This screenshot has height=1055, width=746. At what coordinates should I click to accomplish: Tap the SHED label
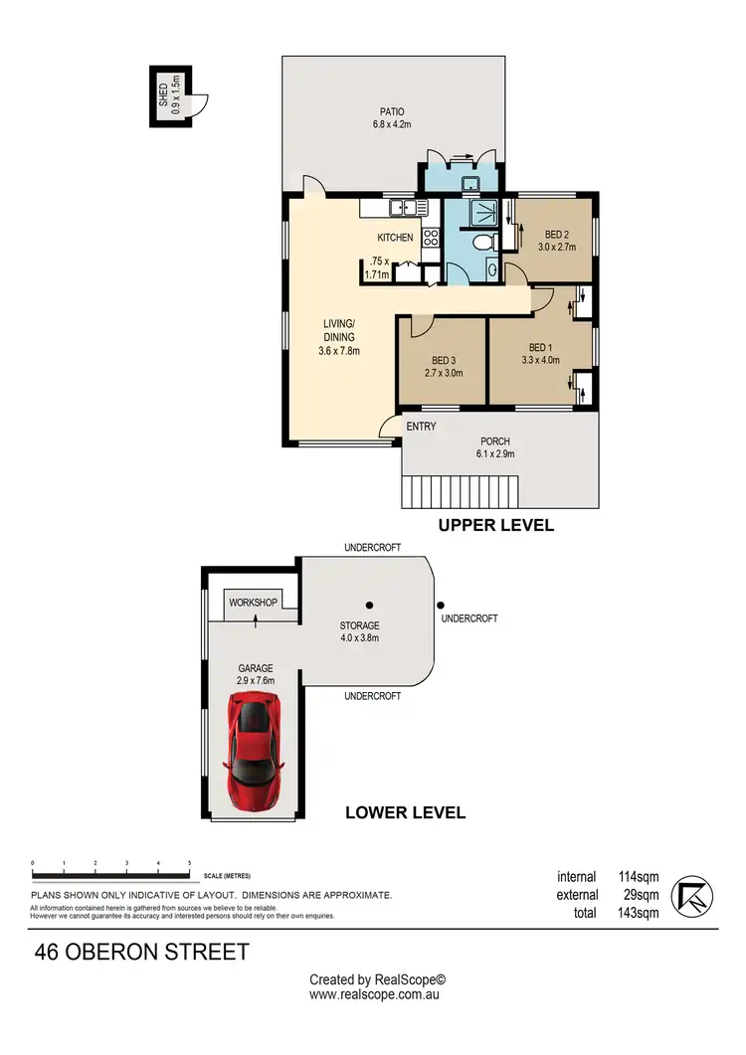(x=163, y=97)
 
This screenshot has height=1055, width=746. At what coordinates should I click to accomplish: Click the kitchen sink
(x=404, y=208)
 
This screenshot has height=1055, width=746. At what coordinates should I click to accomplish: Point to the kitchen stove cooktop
(x=431, y=238)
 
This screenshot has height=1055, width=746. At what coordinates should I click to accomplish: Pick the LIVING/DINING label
(x=338, y=330)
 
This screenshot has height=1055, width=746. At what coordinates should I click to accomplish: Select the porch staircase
(x=461, y=491)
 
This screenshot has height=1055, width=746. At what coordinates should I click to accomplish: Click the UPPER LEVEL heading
(x=496, y=525)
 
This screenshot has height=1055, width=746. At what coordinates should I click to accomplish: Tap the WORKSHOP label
(x=253, y=603)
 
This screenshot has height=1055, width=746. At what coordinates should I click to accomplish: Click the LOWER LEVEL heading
(x=405, y=812)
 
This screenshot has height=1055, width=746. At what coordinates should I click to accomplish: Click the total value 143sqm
(x=635, y=913)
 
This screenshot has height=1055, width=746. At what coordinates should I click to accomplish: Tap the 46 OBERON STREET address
(x=141, y=952)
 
